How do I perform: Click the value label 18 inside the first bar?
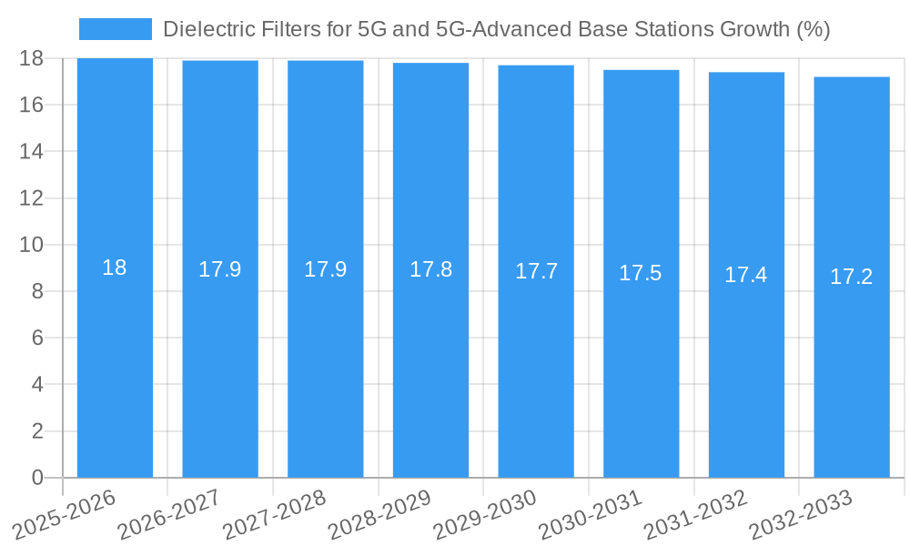[115, 268]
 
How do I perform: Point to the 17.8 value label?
[430, 269]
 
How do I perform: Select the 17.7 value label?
[536, 271]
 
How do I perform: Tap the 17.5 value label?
[641, 273]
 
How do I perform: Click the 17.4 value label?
[746, 275]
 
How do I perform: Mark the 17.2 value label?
[852, 277]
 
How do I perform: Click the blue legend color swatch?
[115, 29]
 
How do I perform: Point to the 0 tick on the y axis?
[37, 478]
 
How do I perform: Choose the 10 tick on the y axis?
[32, 245]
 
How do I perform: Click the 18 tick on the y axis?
[32, 58]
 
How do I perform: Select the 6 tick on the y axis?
[37, 338]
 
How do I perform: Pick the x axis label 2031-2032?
[695, 515]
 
